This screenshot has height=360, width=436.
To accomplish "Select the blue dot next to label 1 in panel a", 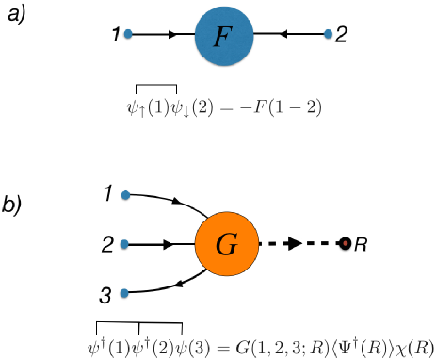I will click(x=127, y=33).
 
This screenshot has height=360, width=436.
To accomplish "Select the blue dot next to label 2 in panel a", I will click(x=328, y=34).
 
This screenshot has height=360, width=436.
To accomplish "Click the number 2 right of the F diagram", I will click(x=341, y=35).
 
